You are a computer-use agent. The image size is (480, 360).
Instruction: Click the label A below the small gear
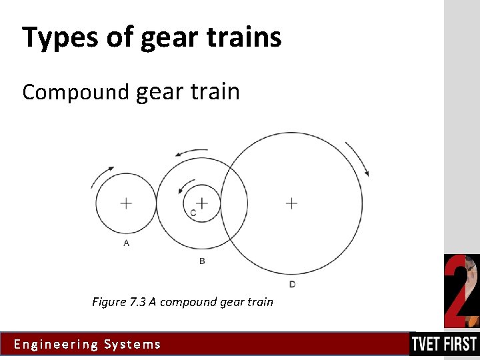pos(127,243)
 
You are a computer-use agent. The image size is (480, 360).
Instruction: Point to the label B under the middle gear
pos(202,261)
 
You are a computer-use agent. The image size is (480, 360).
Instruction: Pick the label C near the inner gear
pos(193,213)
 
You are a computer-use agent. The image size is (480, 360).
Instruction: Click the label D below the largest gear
pos(293,285)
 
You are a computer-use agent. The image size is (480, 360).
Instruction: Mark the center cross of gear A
pos(126,203)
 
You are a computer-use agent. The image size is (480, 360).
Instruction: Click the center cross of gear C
pos(202,202)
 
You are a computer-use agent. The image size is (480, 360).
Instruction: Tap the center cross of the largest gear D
pos(291,203)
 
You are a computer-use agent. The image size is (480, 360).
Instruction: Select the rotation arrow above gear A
pos(102,177)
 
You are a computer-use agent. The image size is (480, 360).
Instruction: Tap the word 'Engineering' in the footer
pos(55,345)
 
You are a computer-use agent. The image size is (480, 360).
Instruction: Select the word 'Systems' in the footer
pos(133,345)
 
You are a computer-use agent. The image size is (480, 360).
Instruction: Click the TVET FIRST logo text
pos(444,344)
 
